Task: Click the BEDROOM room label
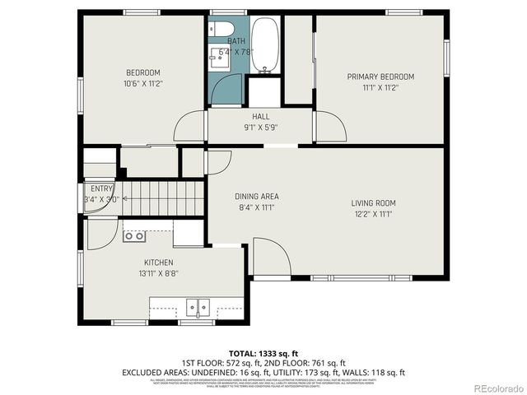point(142,72)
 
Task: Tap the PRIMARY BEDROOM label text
point(380,77)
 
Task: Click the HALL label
point(261,117)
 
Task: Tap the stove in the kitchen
point(134,236)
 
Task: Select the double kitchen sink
point(198,307)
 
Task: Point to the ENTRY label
point(102,188)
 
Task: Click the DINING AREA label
point(257,197)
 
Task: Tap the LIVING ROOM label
point(374,202)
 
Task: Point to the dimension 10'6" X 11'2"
point(142,83)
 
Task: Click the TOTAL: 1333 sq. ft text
point(263,353)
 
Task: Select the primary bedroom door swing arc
point(329,125)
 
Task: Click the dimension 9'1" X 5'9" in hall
point(261,128)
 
